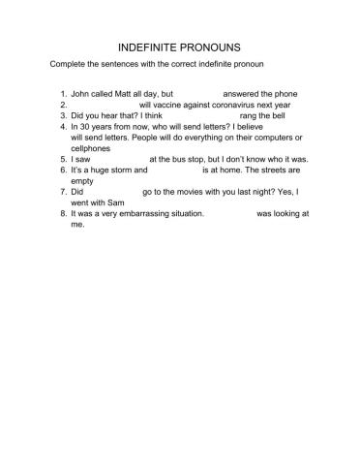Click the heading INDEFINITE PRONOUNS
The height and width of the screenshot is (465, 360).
point(179,46)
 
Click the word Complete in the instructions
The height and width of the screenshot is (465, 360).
point(69,64)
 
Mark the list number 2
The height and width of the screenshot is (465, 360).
point(61,105)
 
